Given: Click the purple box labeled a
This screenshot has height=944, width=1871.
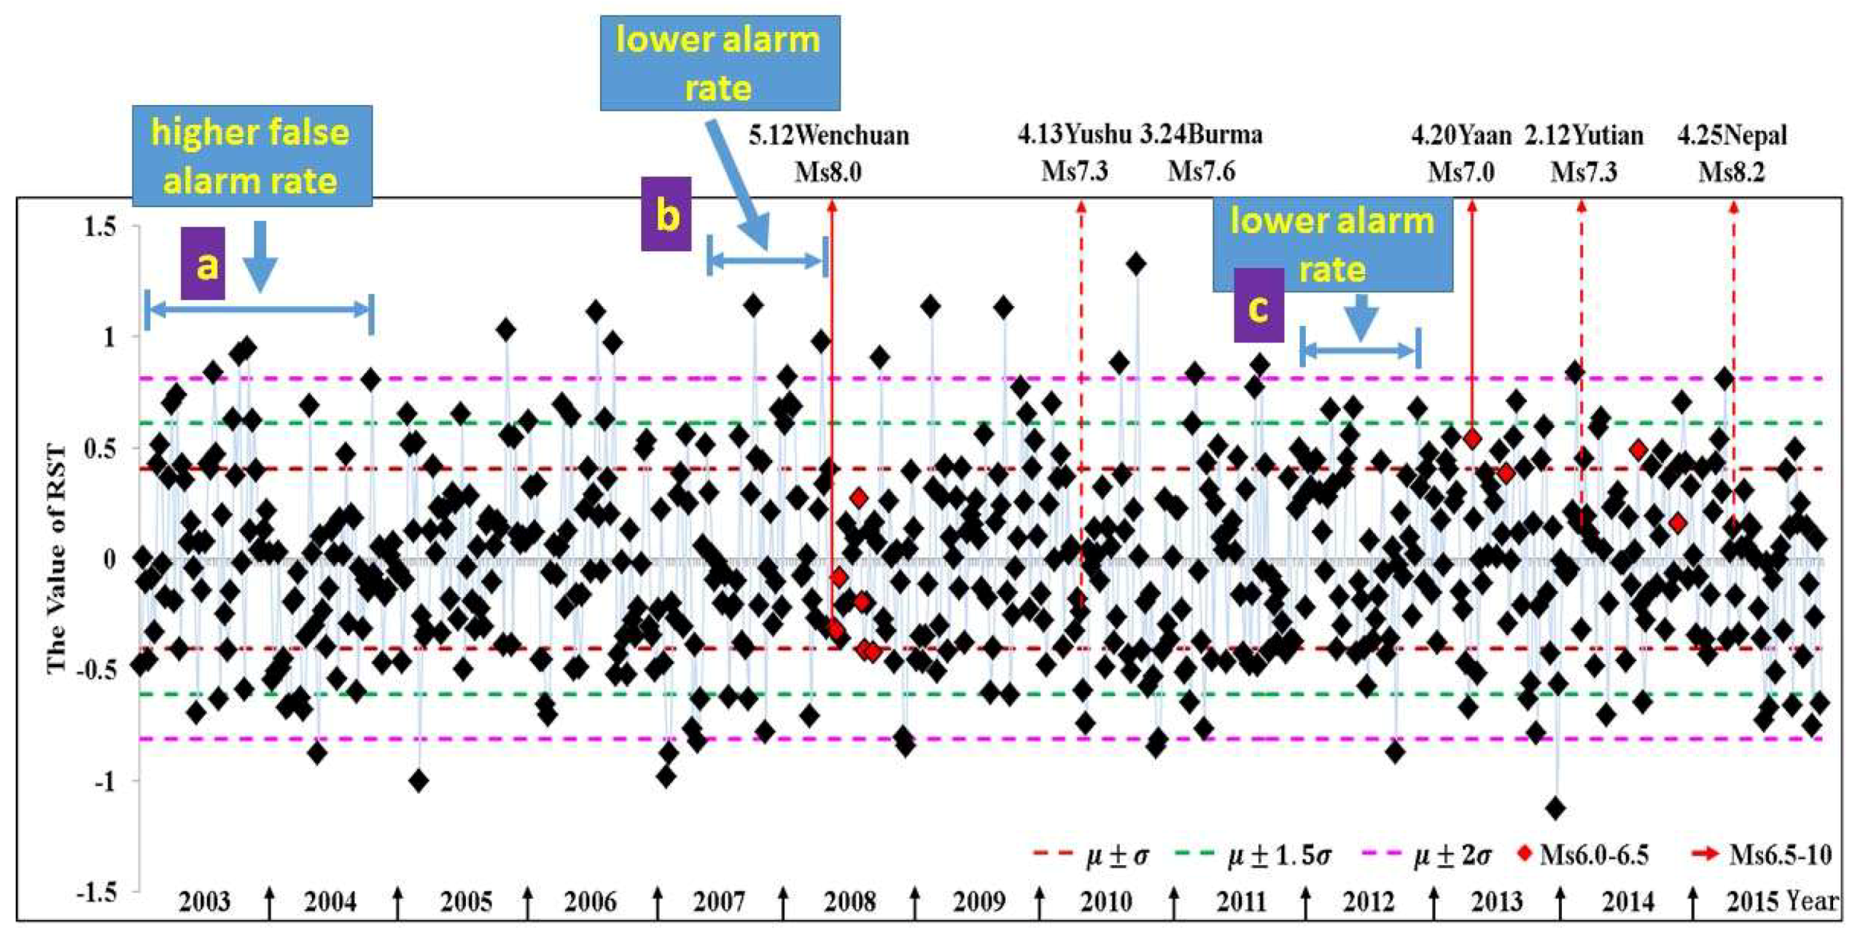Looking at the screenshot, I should pos(203,263).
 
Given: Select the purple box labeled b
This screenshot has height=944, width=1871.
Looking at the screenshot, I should pos(666,214).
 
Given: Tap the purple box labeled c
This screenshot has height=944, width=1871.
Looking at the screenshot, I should pos(1259,305).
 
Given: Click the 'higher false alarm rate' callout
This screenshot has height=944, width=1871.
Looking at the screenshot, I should pos(252,156).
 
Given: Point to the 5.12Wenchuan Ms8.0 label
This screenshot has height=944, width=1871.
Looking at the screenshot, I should pos(828,153).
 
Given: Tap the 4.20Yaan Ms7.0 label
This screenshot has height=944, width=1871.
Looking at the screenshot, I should pos(1460,153).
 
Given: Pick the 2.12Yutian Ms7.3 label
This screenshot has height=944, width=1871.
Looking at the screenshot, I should pos(1584,153).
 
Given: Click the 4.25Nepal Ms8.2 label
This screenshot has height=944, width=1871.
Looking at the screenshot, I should pos(1732,153).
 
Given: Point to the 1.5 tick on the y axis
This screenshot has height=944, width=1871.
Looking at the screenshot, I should pos(99,227).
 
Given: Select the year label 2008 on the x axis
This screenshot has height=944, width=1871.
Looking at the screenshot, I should pos(849,902).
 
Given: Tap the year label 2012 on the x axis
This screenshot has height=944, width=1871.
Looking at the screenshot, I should pos(1369,902).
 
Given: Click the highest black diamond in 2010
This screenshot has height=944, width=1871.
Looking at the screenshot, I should pos(1135,265).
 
